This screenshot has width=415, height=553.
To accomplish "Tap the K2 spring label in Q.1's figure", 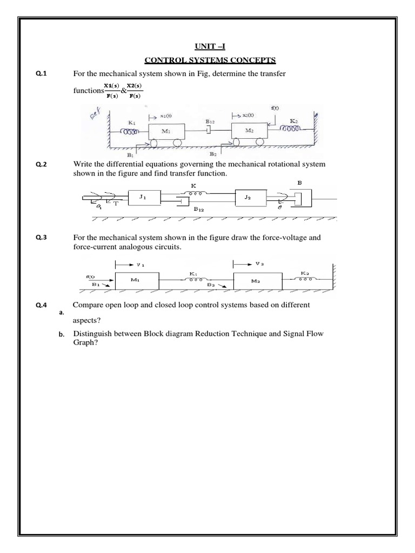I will pyautogui.click(x=293, y=121).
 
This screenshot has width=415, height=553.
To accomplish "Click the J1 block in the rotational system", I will pyautogui.click(x=143, y=197).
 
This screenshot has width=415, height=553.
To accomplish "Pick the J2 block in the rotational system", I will pyautogui.click(x=248, y=197).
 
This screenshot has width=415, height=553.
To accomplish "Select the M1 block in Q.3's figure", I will pyautogui.click(x=137, y=280).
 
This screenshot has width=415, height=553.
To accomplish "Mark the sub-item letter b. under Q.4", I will pyautogui.click(x=62, y=336).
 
